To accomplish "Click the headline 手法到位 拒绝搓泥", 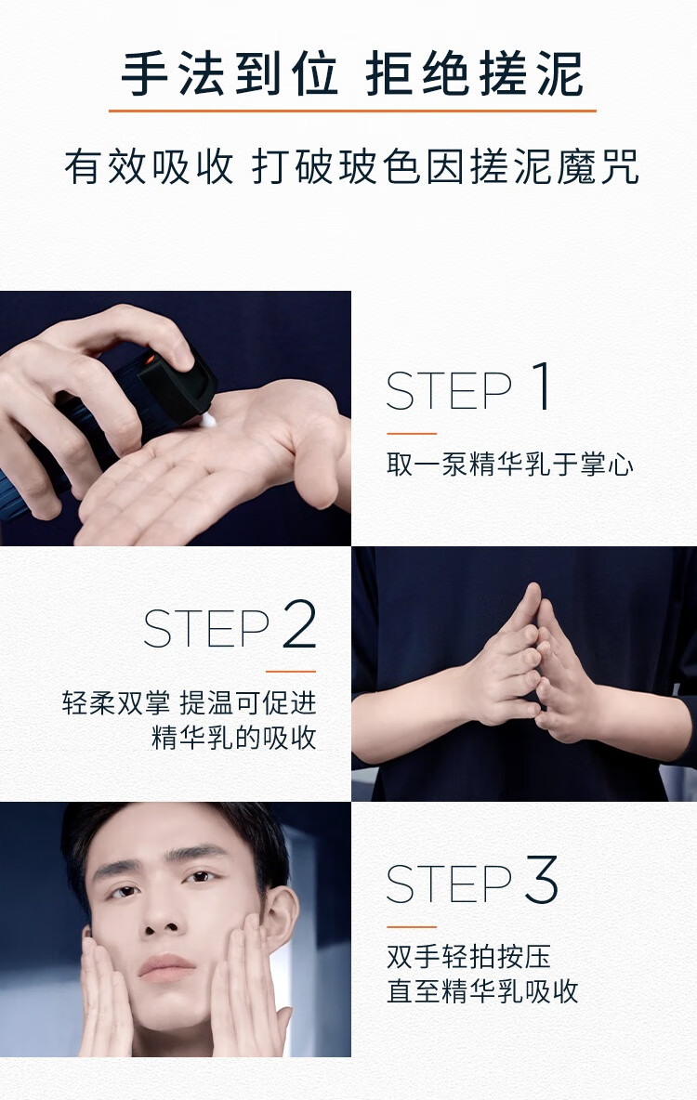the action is click(351, 73).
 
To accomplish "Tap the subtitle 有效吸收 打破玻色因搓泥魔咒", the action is click(351, 167).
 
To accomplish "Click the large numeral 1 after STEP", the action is click(541, 386).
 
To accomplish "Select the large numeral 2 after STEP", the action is click(300, 624).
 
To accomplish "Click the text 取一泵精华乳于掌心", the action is click(510, 465).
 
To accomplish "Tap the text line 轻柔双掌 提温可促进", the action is click(189, 702).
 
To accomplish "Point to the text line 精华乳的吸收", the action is click(234, 738).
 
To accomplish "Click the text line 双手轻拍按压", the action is click(468, 957).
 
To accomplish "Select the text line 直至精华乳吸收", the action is click(482, 992).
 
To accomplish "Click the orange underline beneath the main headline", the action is click(352, 111).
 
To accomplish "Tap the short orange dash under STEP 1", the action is click(412, 434).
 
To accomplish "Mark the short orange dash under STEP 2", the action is click(291, 672).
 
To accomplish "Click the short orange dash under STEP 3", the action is click(412, 926).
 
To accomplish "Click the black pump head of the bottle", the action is click(178, 385).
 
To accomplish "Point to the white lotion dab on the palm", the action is click(208, 420).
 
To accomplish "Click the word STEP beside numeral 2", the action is click(206, 629).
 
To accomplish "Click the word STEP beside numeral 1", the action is click(449, 391).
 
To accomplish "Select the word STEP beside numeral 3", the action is click(449, 884).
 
